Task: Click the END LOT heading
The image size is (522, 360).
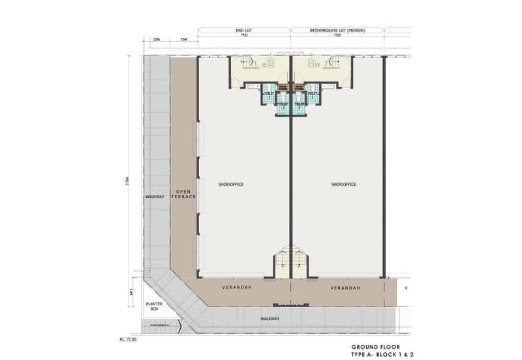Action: (244, 31)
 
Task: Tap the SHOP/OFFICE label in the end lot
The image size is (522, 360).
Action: (231, 185)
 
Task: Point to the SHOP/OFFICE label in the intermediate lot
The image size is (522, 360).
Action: (344, 185)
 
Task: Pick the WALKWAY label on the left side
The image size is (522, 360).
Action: (154, 196)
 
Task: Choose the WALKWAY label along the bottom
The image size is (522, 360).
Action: (270, 318)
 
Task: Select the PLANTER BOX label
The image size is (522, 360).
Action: (154, 306)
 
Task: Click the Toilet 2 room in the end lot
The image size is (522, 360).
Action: (283, 106)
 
